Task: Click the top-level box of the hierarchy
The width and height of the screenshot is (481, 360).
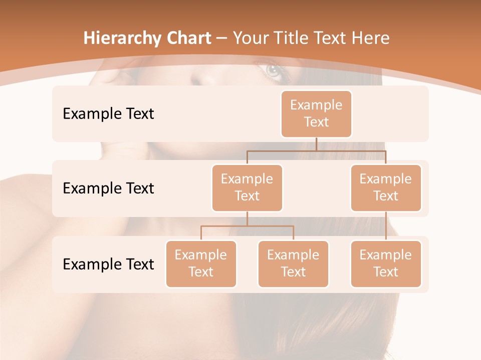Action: pos(316,113)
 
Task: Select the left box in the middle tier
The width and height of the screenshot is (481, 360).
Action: pos(247,187)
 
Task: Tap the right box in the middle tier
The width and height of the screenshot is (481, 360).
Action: pos(386,187)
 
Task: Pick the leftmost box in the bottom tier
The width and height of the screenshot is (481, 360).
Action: pos(201,263)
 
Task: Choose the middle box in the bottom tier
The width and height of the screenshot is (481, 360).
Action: pos(293,263)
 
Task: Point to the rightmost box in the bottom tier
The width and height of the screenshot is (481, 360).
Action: pos(386,263)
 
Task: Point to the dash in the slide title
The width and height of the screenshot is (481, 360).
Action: pos(222,38)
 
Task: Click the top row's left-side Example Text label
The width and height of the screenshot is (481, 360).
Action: pos(108,113)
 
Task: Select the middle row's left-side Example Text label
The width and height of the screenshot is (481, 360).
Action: pos(108,188)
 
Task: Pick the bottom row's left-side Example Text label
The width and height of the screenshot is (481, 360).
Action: pos(108,264)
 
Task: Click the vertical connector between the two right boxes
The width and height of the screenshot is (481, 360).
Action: pos(386,225)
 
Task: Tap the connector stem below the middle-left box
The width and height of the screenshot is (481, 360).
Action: pos(247,218)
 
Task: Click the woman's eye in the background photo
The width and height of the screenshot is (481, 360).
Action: pos(274,71)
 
